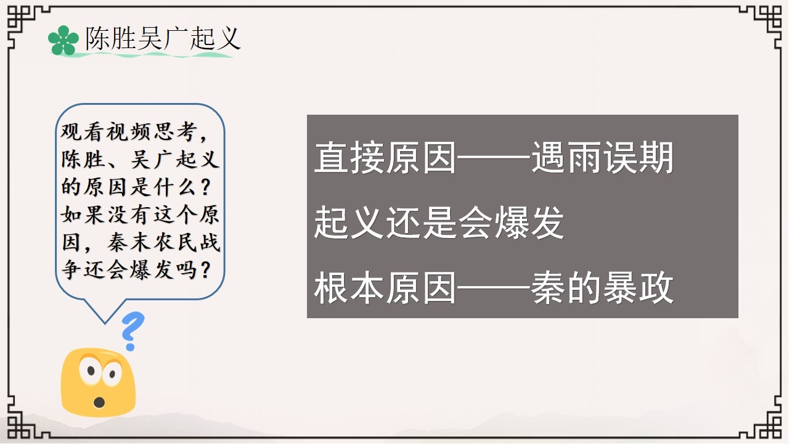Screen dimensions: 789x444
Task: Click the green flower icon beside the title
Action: click(63, 40)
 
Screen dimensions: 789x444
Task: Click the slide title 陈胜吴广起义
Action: click(163, 38)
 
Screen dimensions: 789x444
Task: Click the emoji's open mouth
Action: click(99, 402)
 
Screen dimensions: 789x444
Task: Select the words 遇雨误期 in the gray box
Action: click(602, 157)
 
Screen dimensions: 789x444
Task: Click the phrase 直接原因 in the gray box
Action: click(385, 157)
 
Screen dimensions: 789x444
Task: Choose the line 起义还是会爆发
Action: click(439, 223)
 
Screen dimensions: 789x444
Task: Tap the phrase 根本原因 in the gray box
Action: click(385, 288)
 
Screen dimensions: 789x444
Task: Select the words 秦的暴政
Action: click(602, 288)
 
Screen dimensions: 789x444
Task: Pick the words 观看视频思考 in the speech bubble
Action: click(129, 132)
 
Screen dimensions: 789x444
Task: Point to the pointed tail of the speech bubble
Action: click(105, 324)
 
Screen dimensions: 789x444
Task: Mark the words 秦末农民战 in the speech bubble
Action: click(164, 242)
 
